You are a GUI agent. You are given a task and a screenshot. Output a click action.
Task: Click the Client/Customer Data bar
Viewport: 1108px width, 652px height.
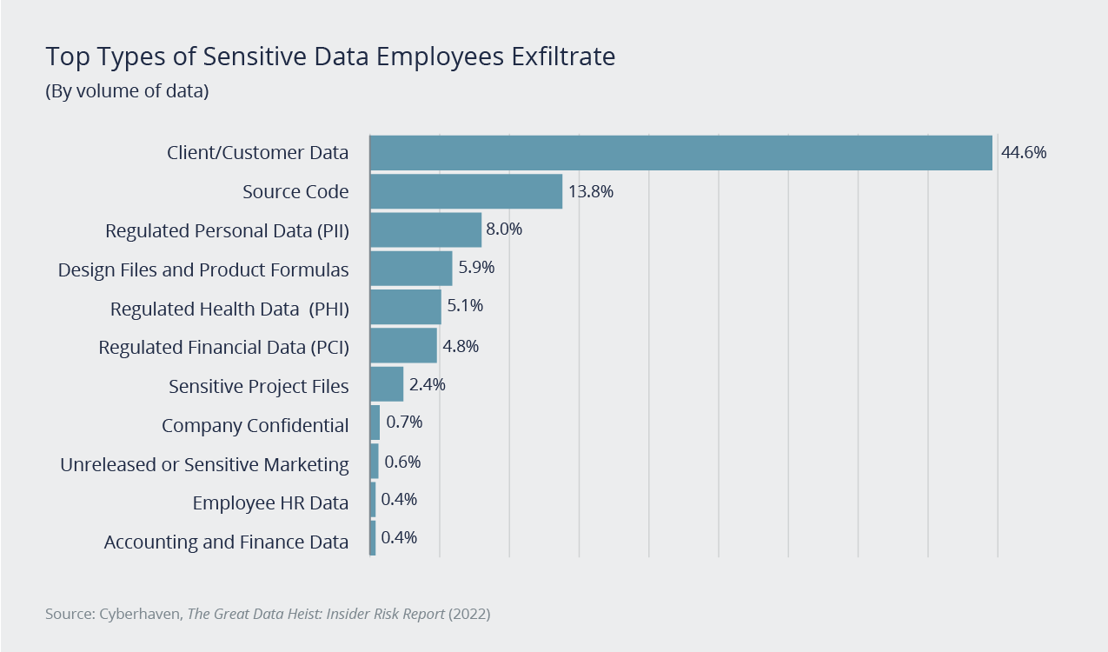click(680, 153)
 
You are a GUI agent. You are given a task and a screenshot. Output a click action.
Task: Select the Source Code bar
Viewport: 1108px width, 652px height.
click(466, 191)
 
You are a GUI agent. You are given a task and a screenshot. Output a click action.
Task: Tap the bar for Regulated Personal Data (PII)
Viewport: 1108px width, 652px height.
click(425, 230)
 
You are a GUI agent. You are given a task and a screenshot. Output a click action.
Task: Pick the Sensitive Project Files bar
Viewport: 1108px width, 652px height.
click(387, 384)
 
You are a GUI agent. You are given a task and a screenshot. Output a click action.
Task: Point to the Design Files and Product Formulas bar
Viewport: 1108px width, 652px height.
click(411, 269)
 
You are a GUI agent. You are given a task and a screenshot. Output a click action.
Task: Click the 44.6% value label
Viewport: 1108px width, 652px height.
click(1024, 153)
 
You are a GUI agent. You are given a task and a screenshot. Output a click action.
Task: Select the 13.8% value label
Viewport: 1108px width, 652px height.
click(591, 191)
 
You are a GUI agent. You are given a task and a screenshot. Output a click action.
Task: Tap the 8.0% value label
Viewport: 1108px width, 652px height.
click(504, 230)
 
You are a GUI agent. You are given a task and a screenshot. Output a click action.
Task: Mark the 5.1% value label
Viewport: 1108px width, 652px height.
click(464, 306)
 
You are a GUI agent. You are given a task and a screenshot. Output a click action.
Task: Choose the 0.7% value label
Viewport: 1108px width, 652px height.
click(403, 422)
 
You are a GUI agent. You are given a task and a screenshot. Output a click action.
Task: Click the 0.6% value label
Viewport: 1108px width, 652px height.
click(401, 462)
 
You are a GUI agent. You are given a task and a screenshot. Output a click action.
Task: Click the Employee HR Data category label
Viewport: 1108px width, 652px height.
click(270, 503)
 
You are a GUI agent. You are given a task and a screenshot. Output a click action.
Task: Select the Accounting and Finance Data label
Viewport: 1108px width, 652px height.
click(226, 542)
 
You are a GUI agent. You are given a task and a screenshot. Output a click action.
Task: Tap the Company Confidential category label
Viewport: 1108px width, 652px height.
click(255, 426)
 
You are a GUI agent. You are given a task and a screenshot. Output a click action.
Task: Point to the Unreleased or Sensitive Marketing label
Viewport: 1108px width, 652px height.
click(204, 465)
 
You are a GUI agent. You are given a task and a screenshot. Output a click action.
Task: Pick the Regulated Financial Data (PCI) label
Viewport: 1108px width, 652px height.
click(223, 348)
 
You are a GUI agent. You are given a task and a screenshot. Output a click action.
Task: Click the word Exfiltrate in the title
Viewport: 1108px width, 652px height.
click(563, 57)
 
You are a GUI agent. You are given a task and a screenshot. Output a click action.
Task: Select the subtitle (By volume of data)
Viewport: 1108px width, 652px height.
click(127, 90)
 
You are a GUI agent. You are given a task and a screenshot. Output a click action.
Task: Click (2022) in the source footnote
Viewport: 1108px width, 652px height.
click(469, 614)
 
